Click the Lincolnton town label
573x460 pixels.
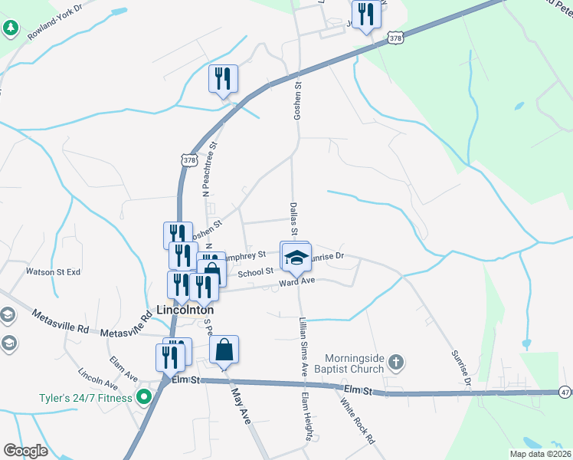point(184,310)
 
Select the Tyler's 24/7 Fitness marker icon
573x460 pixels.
point(142,397)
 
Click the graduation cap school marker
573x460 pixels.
point(296,257)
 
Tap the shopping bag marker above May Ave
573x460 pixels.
point(224,350)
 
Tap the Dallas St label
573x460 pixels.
point(293,217)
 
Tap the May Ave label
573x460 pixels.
point(241,406)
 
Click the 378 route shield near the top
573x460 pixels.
point(395,37)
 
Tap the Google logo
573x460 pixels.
point(25,451)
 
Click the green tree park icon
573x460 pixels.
point(10,29)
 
